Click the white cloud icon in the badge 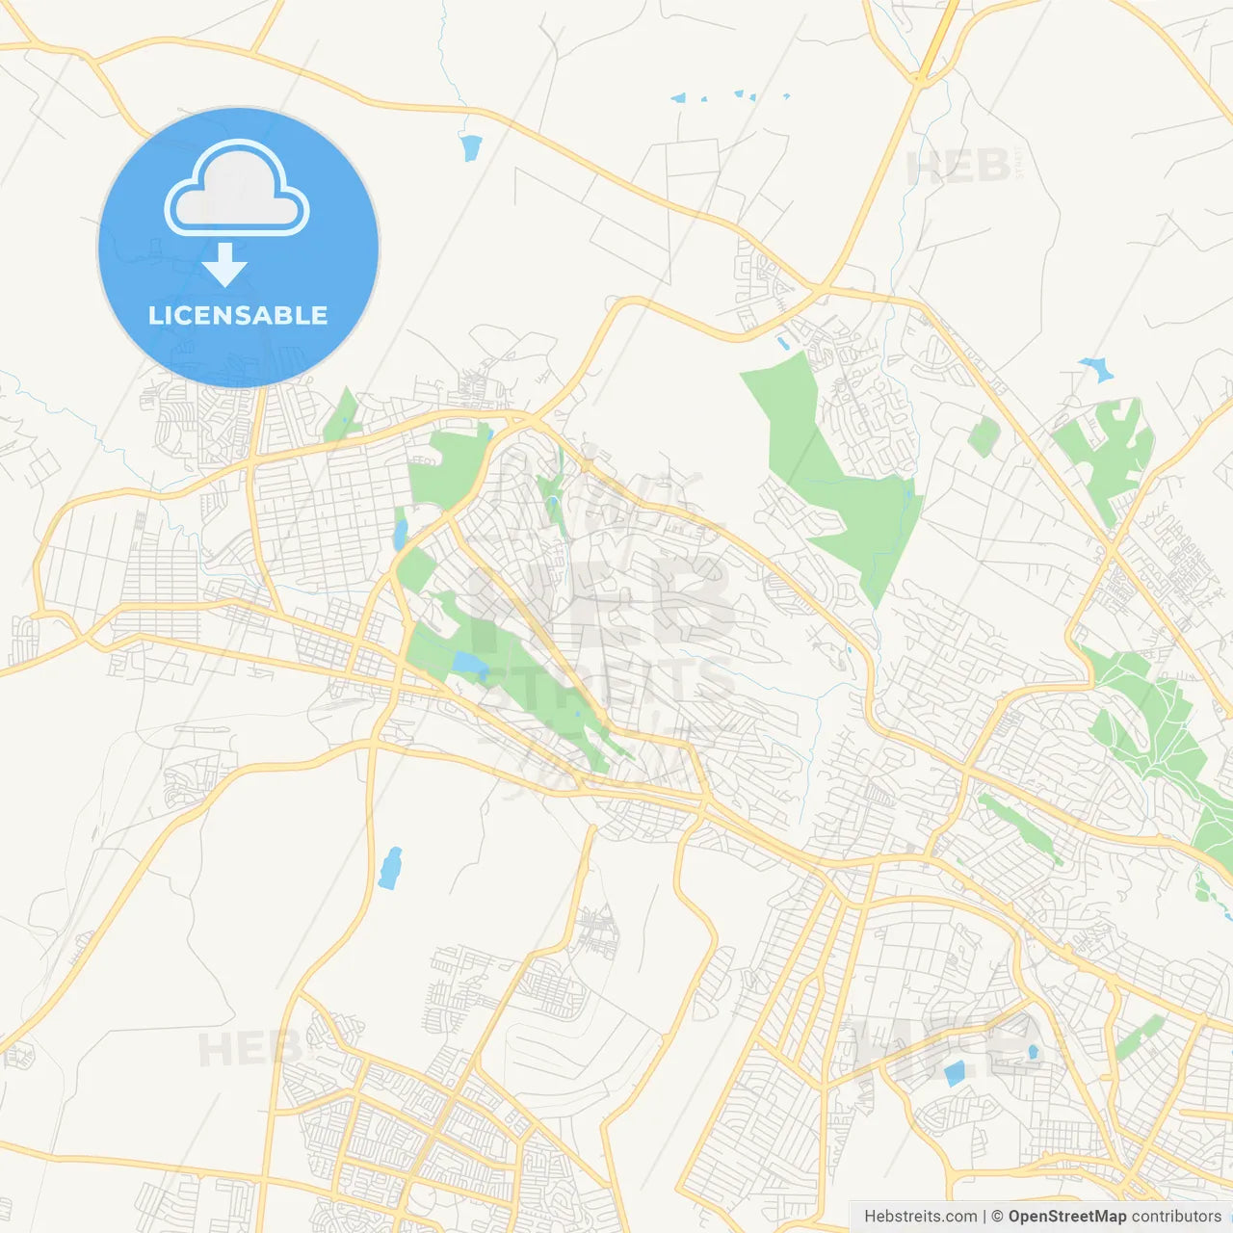[x=237, y=189]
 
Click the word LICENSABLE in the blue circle [x=238, y=315]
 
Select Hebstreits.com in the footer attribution [x=920, y=1217]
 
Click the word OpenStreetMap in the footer [x=1067, y=1217]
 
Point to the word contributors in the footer [x=1176, y=1217]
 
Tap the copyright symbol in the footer [x=998, y=1217]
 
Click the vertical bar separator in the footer [x=984, y=1217]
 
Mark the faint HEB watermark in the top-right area [x=958, y=168]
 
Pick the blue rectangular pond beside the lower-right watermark [x=955, y=1073]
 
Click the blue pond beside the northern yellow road [x=470, y=147]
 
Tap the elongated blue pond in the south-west [x=389, y=868]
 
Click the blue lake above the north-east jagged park [x=1096, y=368]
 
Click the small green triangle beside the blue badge [x=342, y=416]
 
